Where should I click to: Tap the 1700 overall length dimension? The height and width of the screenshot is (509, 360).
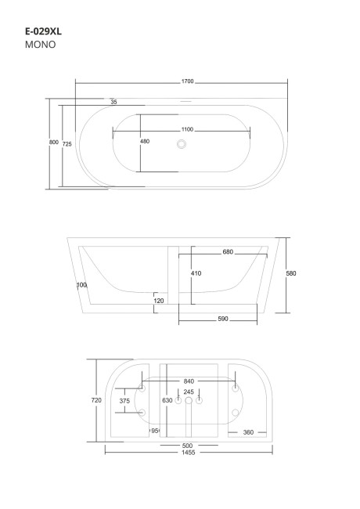click(187, 81)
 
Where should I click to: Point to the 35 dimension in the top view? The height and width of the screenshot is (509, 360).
click(113, 103)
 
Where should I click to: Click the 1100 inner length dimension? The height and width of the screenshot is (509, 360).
click(187, 129)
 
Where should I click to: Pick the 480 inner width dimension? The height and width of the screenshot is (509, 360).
click(145, 142)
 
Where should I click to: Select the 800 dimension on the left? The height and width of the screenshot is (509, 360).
click(53, 142)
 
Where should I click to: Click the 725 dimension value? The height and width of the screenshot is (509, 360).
click(67, 144)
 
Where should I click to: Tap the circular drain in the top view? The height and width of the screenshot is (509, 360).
click(182, 143)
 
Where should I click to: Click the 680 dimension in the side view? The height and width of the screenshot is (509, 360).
click(228, 252)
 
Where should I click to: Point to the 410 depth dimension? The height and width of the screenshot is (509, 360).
click(197, 273)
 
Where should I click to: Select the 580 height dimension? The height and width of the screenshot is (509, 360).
click(290, 273)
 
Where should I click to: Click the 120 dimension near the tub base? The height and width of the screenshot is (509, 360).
click(158, 300)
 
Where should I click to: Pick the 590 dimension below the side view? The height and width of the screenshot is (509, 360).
click(222, 319)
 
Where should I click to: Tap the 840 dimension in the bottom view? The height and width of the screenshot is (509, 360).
click(189, 381)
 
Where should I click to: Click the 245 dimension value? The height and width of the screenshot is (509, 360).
click(189, 392)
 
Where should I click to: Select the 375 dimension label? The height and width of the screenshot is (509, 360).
click(124, 400)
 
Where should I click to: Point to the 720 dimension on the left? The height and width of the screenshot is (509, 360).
click(97, 400)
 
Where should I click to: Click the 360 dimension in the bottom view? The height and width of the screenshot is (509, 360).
click(247, 432)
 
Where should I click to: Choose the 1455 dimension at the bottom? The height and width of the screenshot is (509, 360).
click(189, 453)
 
